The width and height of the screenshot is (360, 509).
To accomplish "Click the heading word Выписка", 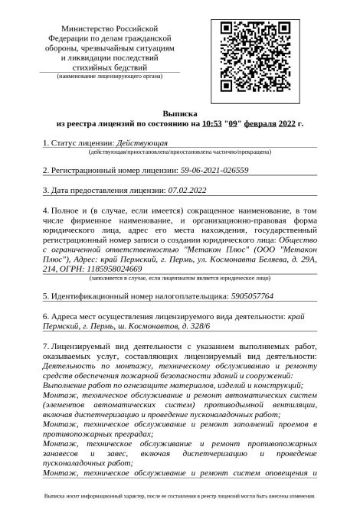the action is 179,112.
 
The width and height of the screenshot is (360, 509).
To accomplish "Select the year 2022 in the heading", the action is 286,122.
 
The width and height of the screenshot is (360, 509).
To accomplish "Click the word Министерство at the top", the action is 92,27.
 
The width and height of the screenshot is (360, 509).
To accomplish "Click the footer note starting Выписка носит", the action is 179,496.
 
